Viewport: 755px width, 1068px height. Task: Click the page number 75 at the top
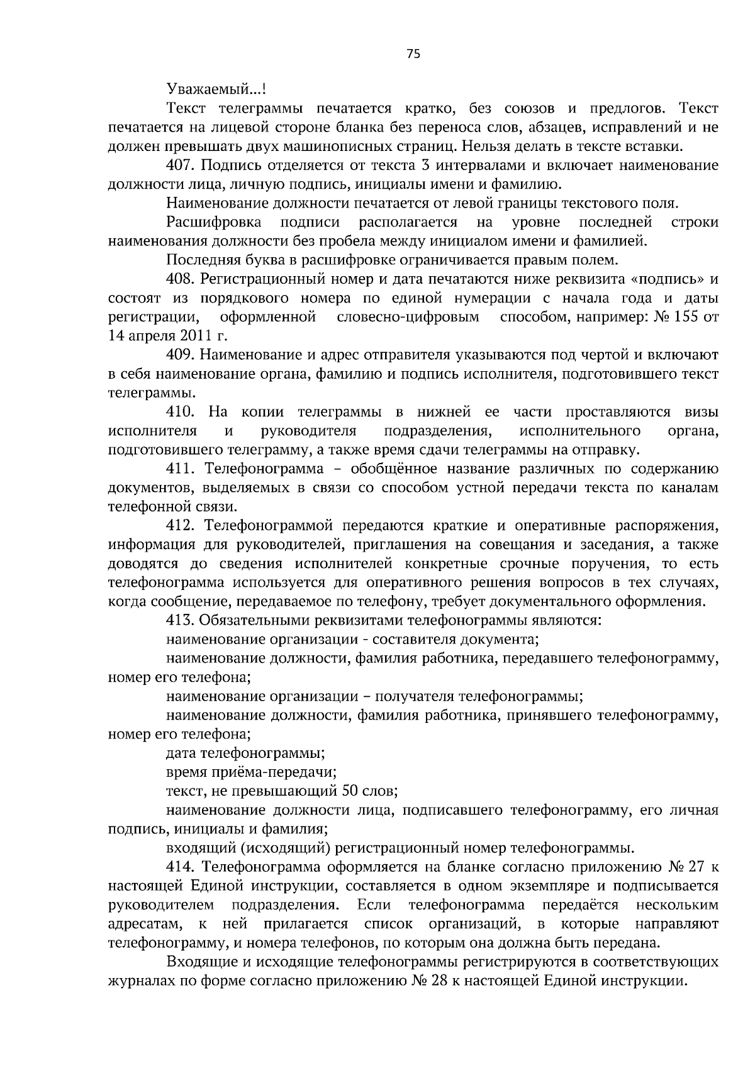click(413, 54)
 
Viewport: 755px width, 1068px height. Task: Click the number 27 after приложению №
click(696, 867)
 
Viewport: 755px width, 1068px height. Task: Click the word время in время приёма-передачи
click(187, 772)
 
